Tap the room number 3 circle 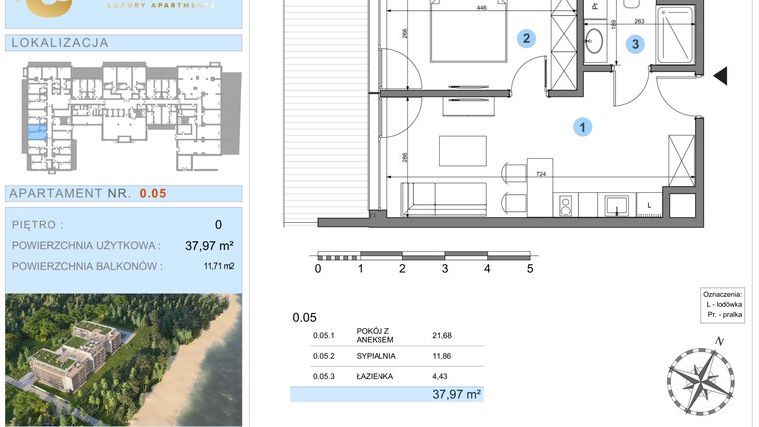point(636,43)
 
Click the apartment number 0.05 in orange point(153,194)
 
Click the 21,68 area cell point(442,335)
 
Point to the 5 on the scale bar point(530,268)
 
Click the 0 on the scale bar point(318,268)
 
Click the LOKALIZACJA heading point(58,43)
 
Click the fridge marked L point(650,205)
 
